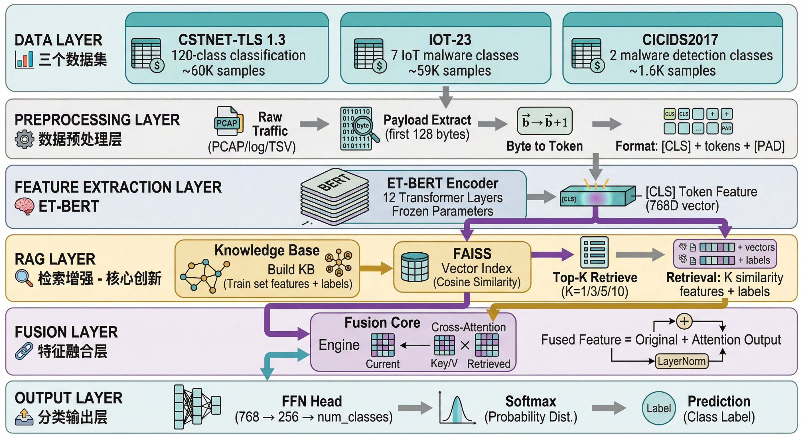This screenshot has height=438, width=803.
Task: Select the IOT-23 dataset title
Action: point(450,40)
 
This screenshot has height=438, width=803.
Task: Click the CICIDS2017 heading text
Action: point(680,40)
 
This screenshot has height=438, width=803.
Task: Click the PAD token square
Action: point(727,128)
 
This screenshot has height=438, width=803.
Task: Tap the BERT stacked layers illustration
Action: point(334,196)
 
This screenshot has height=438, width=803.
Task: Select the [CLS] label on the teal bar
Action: point(569,199)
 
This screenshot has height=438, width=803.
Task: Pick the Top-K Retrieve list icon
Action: point(594,253)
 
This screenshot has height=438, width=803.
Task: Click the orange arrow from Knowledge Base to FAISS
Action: point(376,268)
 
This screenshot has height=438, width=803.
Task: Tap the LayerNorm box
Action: point(682,361)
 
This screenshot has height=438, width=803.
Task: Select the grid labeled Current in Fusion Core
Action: point(382,345)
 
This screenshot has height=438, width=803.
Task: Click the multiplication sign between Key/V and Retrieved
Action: point(465,345)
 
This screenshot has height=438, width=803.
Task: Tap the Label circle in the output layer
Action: point(658,408)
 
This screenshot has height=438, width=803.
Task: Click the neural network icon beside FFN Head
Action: point(197,407)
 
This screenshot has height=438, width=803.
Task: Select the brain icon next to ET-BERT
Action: point(24,206)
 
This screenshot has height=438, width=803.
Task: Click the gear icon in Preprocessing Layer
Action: point(24,139)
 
